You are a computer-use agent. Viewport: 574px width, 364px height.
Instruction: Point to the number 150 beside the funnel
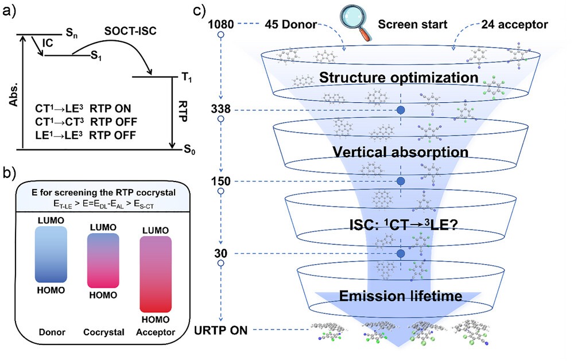(x=220, y=181)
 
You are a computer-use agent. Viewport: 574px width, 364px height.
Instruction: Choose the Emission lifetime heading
(x=400, y=296)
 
